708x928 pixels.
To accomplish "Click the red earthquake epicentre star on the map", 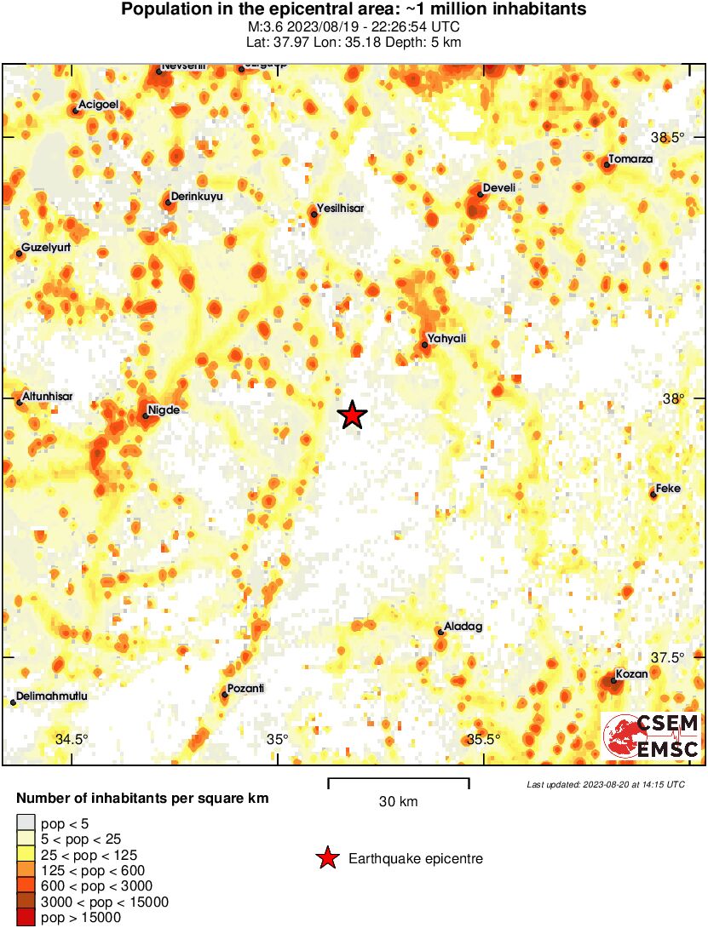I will click(x=352, y=415).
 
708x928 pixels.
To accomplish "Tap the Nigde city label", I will click(x=163, y=410).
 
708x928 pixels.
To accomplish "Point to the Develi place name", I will click(x=498, y=187).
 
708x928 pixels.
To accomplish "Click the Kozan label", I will click(x=632, y=673).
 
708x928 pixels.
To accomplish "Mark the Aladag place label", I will click(x=463, y=627).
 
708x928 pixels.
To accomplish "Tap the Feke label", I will click(x=668, y=488).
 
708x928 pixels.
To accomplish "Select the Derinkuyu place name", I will click(x=197, y=197).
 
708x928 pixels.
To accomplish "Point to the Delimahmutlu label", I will click(x=52, y=696).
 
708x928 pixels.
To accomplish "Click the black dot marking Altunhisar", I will click(x=19, y=403).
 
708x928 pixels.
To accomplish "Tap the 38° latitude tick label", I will click(x=674, y=398).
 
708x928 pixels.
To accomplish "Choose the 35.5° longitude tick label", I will click(x=483, y=739).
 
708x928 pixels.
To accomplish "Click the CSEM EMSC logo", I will click(x=652, y=736).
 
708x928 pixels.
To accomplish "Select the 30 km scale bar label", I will click(x=398, y=802).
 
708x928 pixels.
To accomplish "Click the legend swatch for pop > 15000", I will click(x=26, y=917).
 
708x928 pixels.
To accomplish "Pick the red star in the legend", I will click(x=327, y=859).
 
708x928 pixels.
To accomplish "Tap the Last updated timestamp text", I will click(x=605, y=784).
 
